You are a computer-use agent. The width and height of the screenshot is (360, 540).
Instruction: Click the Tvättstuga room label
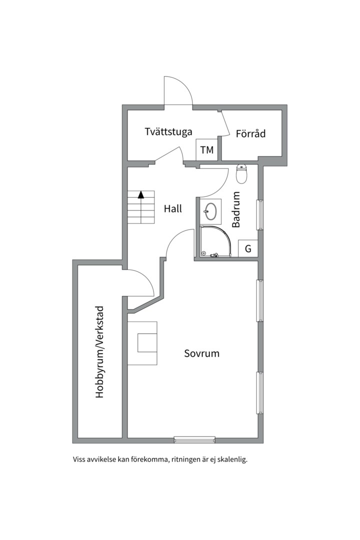click(168, 132)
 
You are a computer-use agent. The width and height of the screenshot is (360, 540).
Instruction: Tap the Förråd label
click(250, 133)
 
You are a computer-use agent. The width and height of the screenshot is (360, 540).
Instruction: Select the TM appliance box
click(207, 150)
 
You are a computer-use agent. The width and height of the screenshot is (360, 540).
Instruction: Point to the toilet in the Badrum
click(242, 174)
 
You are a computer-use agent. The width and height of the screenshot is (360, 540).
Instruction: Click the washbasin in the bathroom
click(210, 209)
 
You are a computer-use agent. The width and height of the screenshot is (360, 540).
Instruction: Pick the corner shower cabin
click(215, 241)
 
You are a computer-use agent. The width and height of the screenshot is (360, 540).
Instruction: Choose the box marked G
click(248, 248)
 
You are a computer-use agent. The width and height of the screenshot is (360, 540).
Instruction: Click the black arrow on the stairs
click(140, 195)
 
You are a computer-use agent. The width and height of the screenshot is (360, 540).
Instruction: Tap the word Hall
click(172, 208)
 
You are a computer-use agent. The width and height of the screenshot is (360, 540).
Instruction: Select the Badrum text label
click(236, 209)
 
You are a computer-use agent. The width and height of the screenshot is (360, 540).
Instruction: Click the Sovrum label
click(201, 353)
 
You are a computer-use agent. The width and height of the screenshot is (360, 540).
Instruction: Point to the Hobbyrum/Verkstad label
click(99, 352)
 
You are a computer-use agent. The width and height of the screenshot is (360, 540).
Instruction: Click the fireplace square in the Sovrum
click(147, 342)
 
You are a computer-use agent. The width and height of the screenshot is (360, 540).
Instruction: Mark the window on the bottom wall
click(194, 440)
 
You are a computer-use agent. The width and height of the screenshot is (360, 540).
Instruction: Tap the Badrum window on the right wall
click(260, 214)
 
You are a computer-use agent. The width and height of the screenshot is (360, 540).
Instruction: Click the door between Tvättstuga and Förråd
click(225, 123)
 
